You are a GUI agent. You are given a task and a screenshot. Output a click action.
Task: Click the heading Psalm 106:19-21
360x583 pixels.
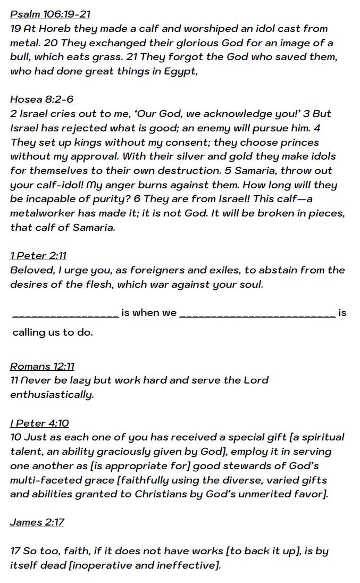coord(50,14)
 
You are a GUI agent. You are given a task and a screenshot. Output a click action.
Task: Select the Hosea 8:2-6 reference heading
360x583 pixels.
coord(41,99)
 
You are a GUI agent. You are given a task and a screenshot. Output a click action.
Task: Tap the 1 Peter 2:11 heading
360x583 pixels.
coord(38,256)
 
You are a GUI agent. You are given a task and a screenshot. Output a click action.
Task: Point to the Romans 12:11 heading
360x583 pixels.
coord(42,366)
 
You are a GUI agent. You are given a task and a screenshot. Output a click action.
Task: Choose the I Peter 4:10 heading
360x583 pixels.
coord(39,423)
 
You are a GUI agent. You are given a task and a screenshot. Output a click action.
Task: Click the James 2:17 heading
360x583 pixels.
coord(37,522)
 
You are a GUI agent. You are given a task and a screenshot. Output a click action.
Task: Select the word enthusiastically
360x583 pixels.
coord(52,395)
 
